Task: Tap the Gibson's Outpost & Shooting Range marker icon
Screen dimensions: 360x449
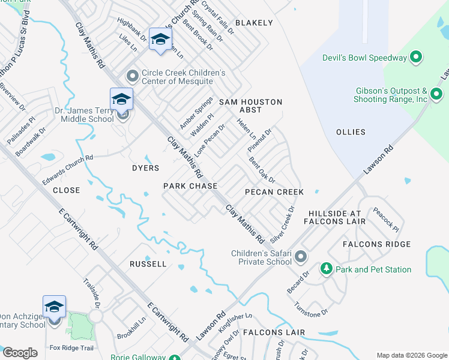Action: point(436,95)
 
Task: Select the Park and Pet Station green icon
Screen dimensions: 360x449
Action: point(327,269)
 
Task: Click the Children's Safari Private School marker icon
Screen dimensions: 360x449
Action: point(301,257)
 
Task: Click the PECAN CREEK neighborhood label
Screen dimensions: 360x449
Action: point(274,192)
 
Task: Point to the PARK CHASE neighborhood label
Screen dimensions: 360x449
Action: point(190,187)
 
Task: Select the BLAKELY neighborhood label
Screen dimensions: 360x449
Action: point(254,23)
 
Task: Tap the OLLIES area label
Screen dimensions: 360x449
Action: point(351,132)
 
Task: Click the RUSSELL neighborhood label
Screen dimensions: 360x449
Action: point(148,264)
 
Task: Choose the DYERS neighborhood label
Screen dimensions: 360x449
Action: point(145,169)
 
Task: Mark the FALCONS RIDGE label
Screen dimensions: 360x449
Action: point(376,244)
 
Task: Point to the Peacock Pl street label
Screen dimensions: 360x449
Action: point(385,220)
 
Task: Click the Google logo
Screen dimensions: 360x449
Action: point(20,353)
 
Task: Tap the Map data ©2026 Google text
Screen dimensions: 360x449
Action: point(411,355)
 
